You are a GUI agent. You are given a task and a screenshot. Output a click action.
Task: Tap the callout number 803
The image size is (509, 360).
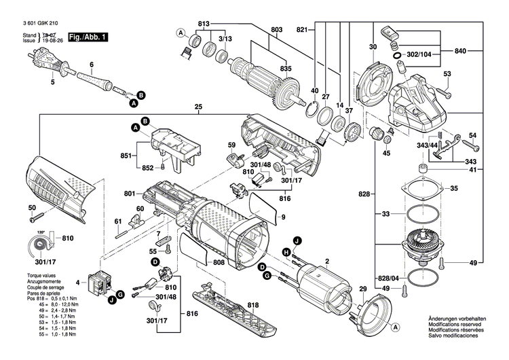276,29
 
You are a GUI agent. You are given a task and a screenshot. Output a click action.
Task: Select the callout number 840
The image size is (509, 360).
460,51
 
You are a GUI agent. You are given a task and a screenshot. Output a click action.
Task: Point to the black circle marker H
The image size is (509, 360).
286,252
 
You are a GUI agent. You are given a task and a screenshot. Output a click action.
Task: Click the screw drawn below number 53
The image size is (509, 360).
445,89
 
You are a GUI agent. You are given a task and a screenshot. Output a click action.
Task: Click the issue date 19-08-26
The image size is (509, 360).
53,41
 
